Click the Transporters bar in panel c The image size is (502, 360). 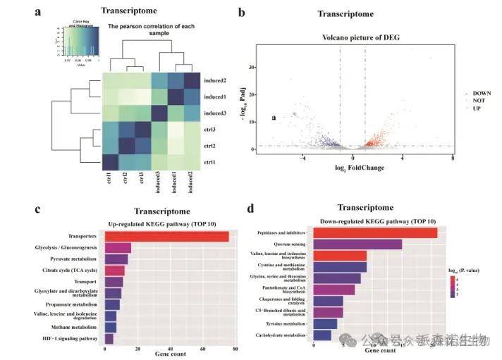tap(166, 237)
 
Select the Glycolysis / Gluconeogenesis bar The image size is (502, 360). tap(117, 248)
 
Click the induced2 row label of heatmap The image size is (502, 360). tap(216, 81)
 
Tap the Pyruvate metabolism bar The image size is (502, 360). tap(116, 259)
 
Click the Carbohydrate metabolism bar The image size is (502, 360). tap(321, 335)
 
